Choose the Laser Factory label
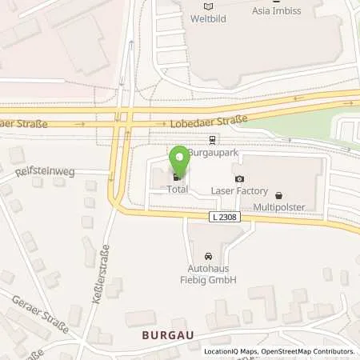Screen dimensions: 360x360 click(238, 192)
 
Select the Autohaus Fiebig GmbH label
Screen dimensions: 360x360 click(208, 274)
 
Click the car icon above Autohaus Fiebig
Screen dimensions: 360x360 click(208, 255)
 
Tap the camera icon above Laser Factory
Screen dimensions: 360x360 click(238, 179)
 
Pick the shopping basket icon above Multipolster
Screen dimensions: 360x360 click(278, 194)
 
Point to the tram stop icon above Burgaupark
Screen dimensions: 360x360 click(211, 138)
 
